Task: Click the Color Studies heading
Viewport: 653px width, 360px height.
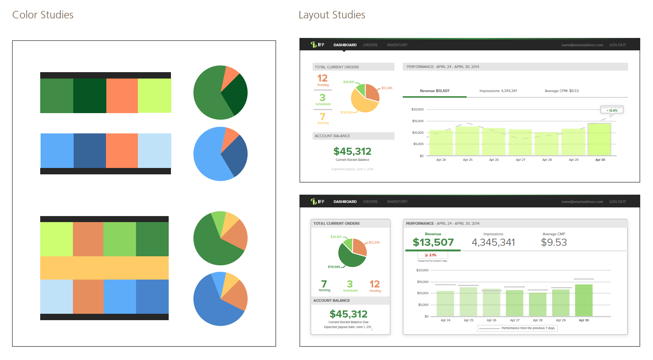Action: pyautogui.click(x=43, y=15)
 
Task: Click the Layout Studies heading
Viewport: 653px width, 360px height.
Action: pyautogui.click(x=332, y=15)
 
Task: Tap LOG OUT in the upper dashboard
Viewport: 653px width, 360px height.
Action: pyautogui.click(x=617, y=45)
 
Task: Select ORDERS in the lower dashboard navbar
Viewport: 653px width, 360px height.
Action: pyautogui.click(x=370, y=202)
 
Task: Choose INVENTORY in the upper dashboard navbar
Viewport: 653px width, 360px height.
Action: pyautogui.click(x=397, y=45)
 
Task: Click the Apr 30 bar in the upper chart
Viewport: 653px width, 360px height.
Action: pyautogui.click(x=599, y=139)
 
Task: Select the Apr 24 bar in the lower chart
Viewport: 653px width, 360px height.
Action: pyautogui.click(x=445, y=303)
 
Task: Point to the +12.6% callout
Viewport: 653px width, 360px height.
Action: pyautogui.click(x=612, y=110)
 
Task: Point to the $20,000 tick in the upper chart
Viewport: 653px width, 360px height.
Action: pyautogui.click(x=417, y=109)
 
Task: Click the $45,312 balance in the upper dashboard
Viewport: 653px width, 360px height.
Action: pyautogui.click(x=352, y=151)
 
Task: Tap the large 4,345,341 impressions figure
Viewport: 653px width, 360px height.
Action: pyautogui.click(x=493, y=242)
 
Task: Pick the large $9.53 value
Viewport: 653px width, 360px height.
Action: pyautogui.click(x=554, y=242)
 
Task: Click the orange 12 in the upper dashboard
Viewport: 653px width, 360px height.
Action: pyautogui.click(x=322, y=78)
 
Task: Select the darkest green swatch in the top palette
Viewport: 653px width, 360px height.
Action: pyautogui.click(x=90, y=95)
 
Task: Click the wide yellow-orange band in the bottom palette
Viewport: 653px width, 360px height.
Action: pyautogui.click(x=104, y=268)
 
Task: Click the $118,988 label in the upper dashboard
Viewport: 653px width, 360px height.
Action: pyautogui.click(x=346, y=112)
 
